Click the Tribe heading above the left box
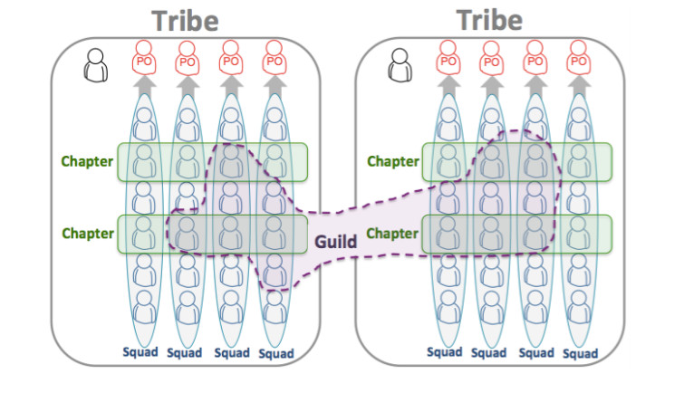185,21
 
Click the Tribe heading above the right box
489,20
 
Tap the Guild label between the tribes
335,241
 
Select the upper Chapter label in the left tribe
87,161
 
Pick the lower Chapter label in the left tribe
88,234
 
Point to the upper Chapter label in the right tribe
393,161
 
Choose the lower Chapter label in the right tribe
392,234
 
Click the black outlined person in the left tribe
95,65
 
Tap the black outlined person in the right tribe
400,65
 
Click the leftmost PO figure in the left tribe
144,58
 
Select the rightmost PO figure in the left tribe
275,58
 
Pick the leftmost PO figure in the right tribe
448,58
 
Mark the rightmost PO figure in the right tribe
578,58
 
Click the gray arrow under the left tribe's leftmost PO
144,86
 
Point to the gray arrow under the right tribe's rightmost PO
579,86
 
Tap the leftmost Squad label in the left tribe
140,352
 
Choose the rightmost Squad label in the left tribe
276,353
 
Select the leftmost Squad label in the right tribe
445,352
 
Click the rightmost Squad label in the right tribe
580,353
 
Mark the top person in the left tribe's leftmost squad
144,123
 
